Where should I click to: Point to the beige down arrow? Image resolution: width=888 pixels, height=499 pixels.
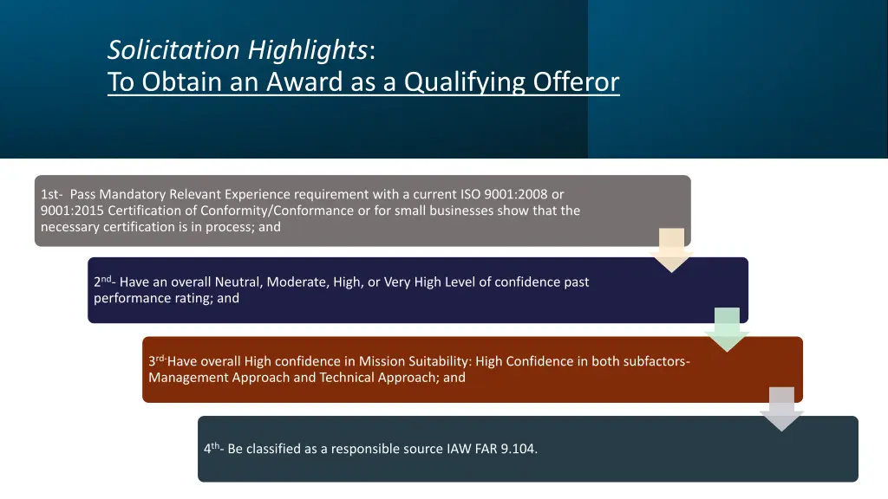tap(671, 249)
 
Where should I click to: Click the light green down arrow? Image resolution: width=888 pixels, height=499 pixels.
tap(727, 329)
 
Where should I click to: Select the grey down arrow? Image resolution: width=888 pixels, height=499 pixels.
tap(781, 409)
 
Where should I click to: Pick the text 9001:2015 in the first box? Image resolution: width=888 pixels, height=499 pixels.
tap(72, 211)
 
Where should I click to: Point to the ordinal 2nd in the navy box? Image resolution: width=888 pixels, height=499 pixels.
tap(105, 282)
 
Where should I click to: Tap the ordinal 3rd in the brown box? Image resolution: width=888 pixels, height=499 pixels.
tap(157, 361)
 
